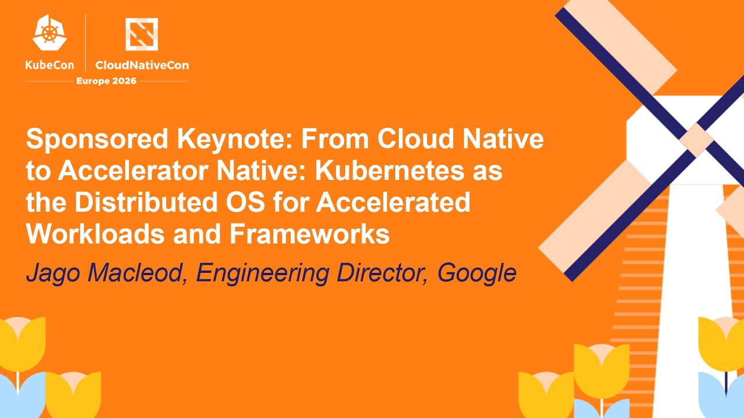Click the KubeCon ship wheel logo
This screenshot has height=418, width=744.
49,34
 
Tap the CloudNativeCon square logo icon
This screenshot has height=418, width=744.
142,34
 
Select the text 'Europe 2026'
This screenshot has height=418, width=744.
106,81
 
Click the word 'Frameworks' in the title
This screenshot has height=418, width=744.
309,234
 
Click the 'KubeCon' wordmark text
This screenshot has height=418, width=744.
49,65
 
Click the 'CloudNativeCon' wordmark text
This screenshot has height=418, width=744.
142,65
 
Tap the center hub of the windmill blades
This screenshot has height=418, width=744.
696,139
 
